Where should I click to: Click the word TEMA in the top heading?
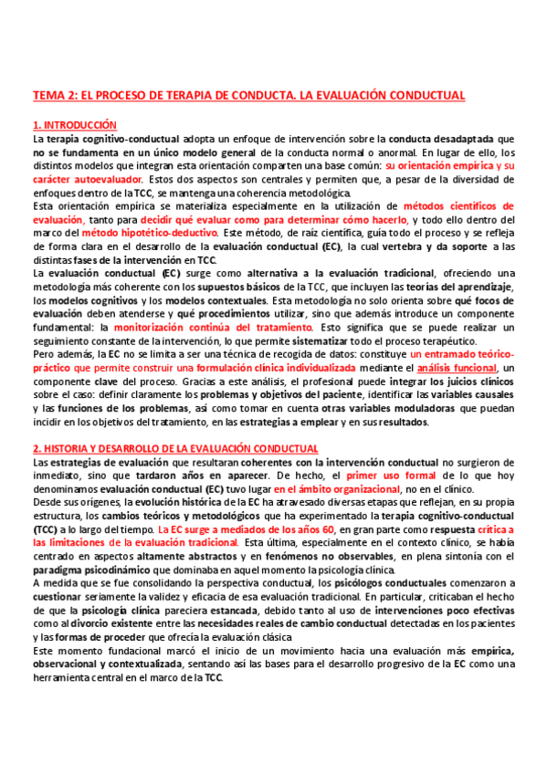(x=48, y=95)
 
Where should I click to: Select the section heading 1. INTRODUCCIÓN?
(x=76, y=124)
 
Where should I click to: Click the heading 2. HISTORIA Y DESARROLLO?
(x=175, y=448)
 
